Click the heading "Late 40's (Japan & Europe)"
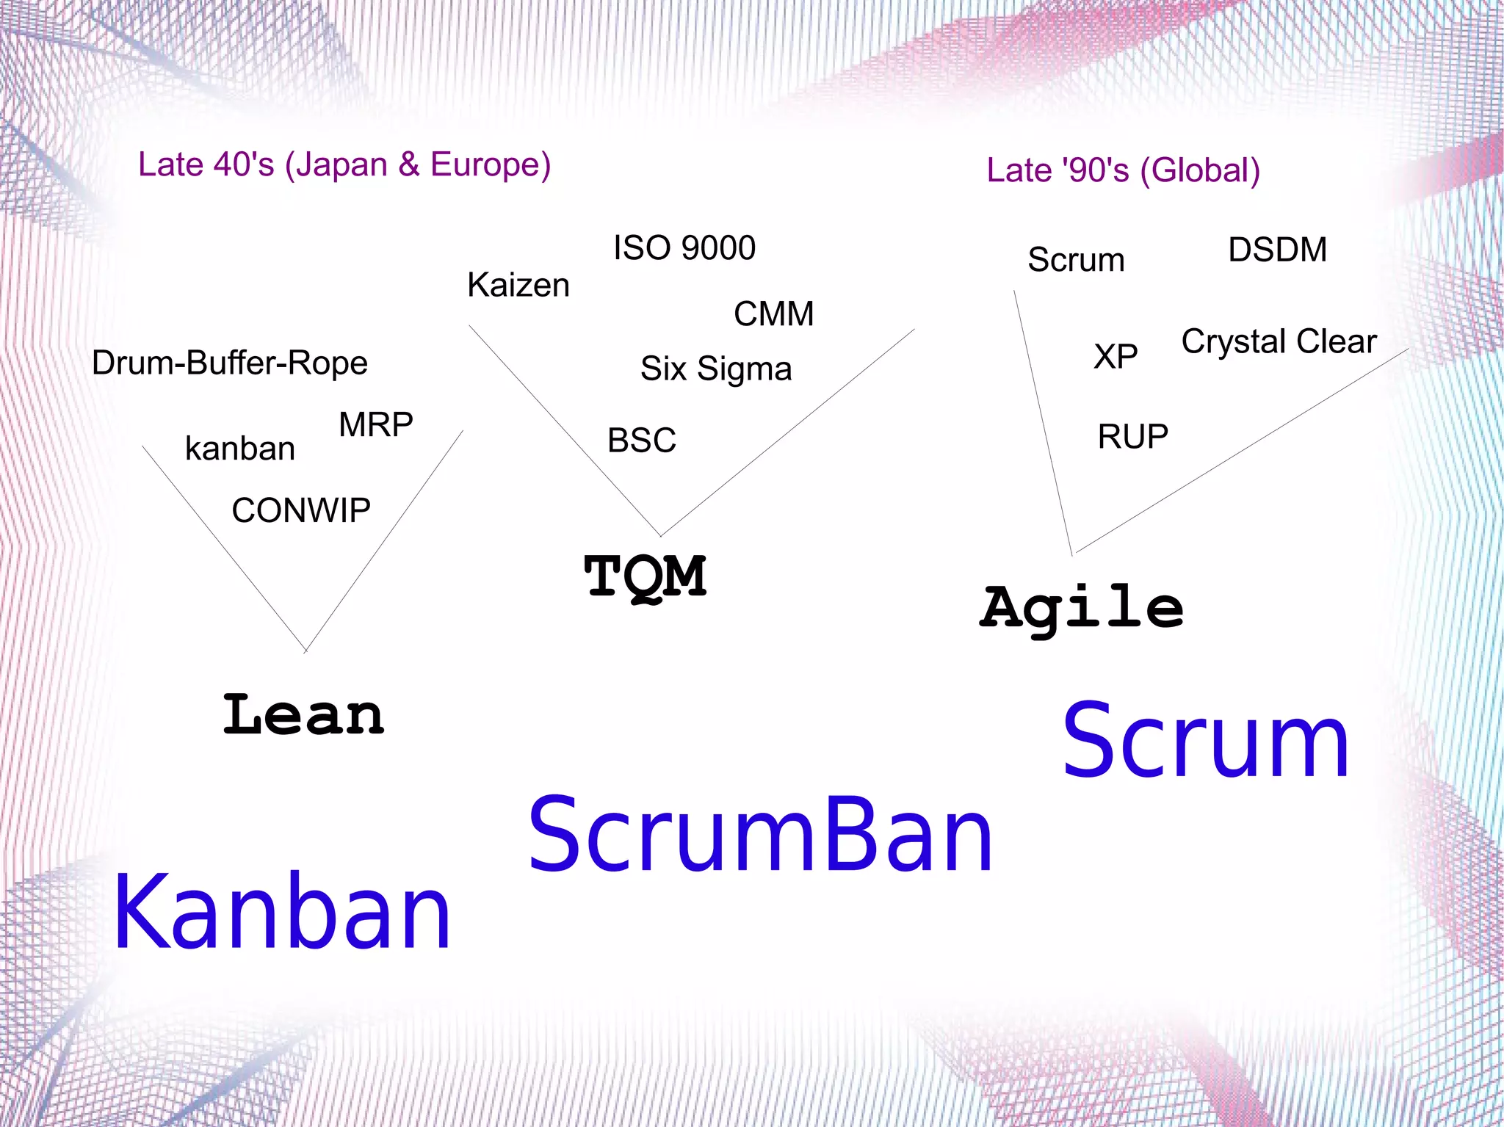tap(344, 164)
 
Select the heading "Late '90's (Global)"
tap(1123, 170)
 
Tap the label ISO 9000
tap(684, 248)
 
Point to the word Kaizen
tap(518, 285)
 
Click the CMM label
tap(773, 314)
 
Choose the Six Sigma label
tap(716, 369)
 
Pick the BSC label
tap(642, 441)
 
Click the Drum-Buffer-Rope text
tap(230, 363)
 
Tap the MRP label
tap(376, 424)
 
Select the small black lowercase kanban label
tap(240, 449)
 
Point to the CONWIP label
tap(301, 510)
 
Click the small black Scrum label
tap(1076, 260)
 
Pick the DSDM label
tap(1277, 250)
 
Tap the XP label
tap(1116, 357)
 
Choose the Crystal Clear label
tap(1279, 342)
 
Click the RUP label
tap(1132, 437)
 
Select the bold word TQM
tap(646, 577)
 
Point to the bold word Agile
tap(1082, 609)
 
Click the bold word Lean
tap(303, 715)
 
